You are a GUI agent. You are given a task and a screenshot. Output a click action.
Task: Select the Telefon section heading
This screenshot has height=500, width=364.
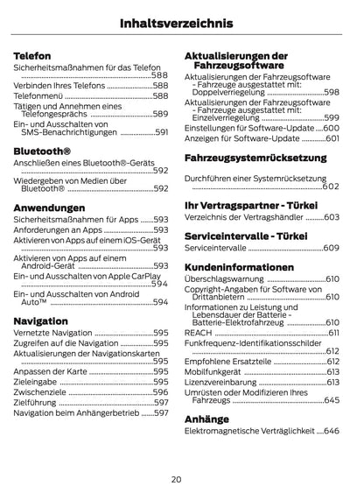tap(31, 55)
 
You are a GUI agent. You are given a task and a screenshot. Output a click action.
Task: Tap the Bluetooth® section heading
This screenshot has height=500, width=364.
tap(42, 151)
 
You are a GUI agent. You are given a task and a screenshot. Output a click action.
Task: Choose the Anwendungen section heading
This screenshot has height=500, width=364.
tap(50, 207)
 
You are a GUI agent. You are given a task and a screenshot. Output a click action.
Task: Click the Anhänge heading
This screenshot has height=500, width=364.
tap(206, 419)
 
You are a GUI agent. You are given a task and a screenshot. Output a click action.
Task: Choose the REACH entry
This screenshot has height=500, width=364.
tap(198, 334)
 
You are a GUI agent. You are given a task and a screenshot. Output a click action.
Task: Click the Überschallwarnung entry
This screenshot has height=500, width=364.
tap(220, 278)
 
